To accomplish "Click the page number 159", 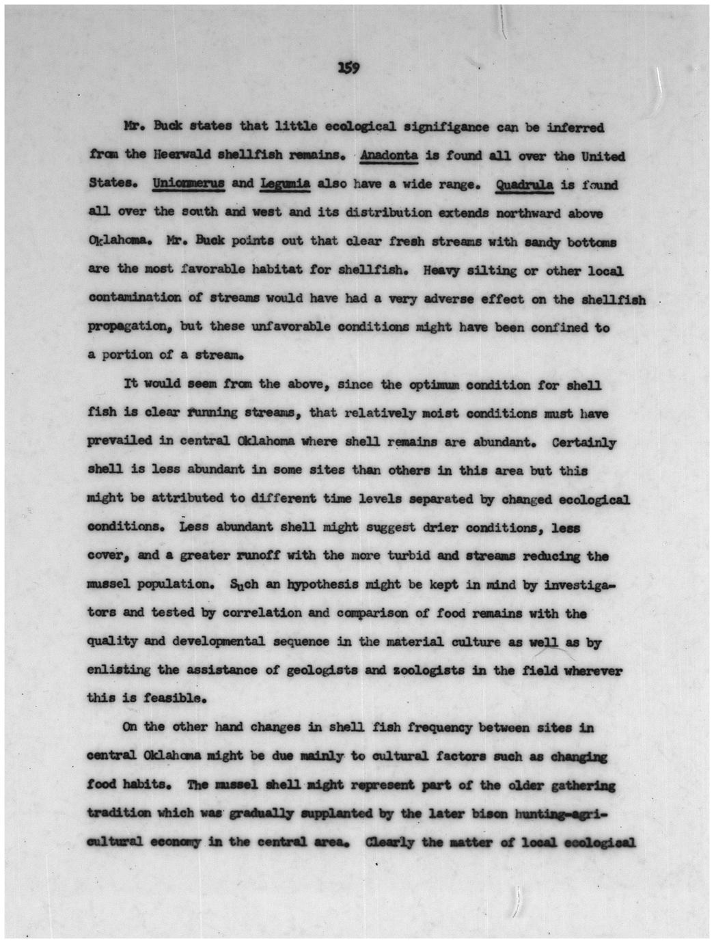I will click(x=348, y=68).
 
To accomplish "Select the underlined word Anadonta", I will click(x=389, y=155).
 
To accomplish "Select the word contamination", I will click(x=135, y=299).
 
